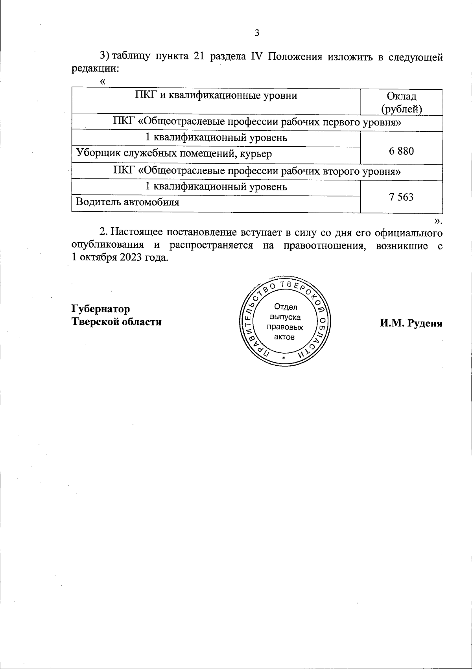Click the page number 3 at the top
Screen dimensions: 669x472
(x=257, y=33)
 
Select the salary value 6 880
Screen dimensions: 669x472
(x=402, y=151)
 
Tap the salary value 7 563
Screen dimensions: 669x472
(x=402, y=197)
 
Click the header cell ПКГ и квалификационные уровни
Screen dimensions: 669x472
(x=216, y=96)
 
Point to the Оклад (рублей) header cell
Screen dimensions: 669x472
(x=402, y=102)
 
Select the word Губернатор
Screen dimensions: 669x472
(x=101, y=309)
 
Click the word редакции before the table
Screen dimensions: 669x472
(x=95, y=68)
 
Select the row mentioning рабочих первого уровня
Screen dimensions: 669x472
(x=257, y=122)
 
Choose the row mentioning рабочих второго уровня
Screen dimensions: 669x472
(x=257, y=171)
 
